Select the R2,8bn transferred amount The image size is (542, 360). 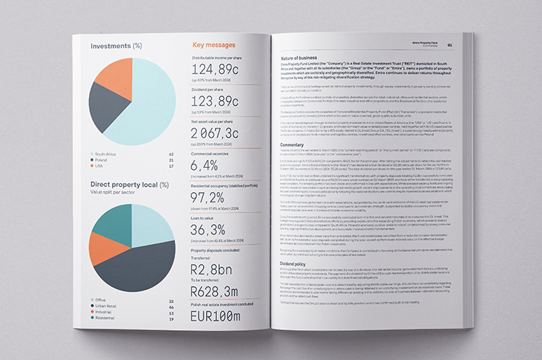click(213, 272)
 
